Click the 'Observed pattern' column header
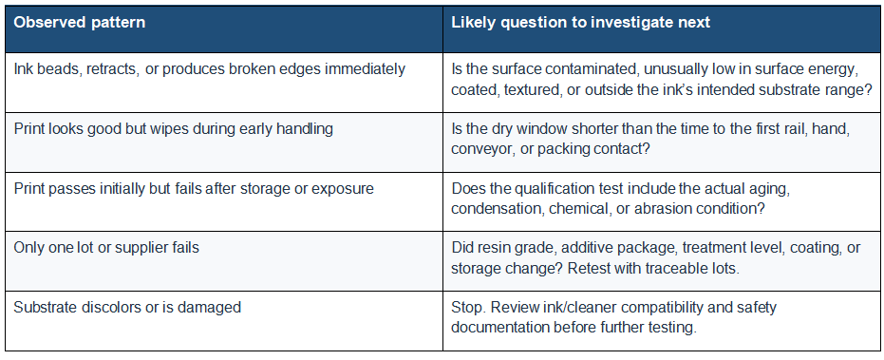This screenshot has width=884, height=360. (80, 23)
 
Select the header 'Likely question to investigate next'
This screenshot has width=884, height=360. (581, 23)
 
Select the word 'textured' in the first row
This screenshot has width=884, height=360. (533, 89)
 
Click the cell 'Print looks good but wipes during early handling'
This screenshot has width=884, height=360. (173, 128)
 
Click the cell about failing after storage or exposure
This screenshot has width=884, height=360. (194, 188)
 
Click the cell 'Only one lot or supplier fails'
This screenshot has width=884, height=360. (106, 248)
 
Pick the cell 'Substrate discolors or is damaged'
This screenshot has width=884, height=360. (127, 308)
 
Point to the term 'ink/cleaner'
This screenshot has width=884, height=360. (567, 308)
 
